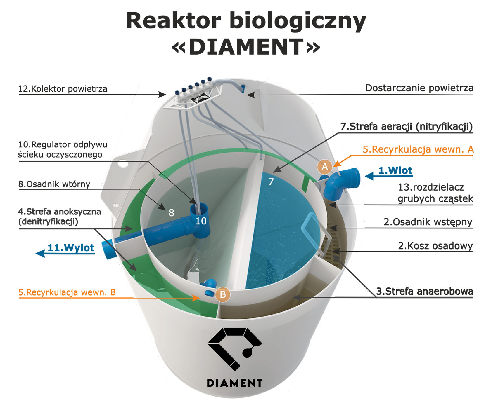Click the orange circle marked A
[325, 167]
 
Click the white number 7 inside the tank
[271, 182]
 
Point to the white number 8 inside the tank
[171, 213]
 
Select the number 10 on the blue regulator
[201, 221]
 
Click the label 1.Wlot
[395, 170]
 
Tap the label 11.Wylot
[71, 248]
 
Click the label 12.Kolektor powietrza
[63, 89]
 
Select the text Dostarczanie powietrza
[419, 88]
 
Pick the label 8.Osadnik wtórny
[54, 184]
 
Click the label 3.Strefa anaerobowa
[425, 291]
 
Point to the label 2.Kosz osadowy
[435, 246]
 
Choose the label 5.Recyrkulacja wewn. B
[67, 292]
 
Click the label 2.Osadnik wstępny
[428, 222]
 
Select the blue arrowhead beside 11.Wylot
[40, 253]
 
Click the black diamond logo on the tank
[234, 349]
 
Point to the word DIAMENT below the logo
[234, 383]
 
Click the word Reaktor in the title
[173, 21]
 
